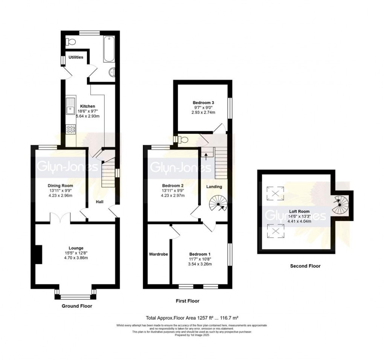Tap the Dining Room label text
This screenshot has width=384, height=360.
[60, 186]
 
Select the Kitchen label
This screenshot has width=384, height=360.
[87, 106]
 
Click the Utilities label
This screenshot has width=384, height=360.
[76, 57]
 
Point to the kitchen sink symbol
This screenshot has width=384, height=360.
[70, 107]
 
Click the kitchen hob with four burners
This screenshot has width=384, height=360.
[70, 129]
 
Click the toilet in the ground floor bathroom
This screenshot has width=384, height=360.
[71, 41]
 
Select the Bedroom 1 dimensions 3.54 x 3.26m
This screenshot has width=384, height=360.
[200, 264]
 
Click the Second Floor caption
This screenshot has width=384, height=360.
[305, 266]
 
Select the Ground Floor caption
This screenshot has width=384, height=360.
[77, 306]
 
